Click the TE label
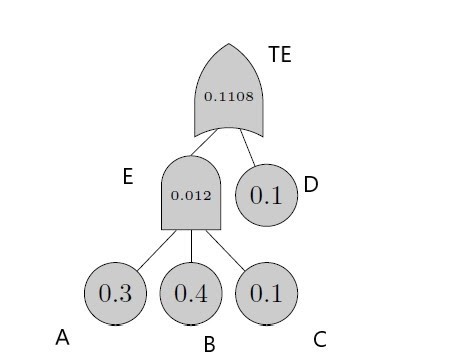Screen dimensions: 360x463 [280, 54]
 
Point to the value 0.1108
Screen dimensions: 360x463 [228, 97]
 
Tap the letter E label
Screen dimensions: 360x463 [127, 177]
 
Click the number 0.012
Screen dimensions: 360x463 [191, 195]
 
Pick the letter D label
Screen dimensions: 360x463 [310, 184]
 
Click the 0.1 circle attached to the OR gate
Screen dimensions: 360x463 [266, 195]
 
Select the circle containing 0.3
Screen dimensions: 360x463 [116, 294]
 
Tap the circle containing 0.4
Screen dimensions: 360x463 [191, 294]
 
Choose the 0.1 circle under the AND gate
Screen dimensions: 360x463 [266, 294]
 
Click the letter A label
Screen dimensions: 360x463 [62, 338]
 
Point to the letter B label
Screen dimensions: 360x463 [209, 345]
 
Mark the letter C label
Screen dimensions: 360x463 [319, 340]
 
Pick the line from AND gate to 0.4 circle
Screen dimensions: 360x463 [191, 246]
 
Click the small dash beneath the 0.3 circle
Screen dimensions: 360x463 [116, 326]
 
